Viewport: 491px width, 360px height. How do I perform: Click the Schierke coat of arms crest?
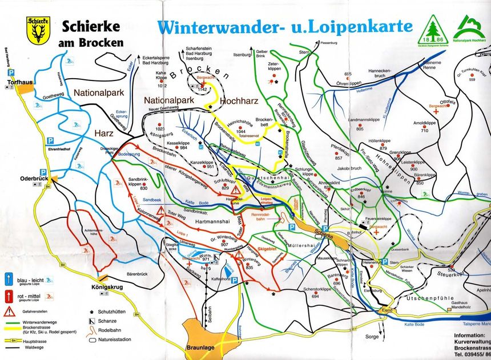point(37,30)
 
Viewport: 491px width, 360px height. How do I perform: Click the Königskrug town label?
point(102,288)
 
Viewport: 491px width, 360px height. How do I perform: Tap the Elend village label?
point(388,310)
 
